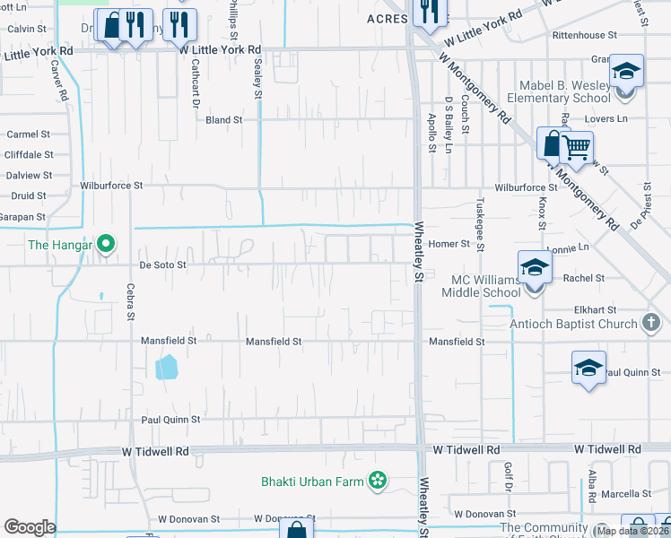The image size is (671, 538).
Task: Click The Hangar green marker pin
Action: tap(106, 243)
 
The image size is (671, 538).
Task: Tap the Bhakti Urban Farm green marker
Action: tap(378, 482)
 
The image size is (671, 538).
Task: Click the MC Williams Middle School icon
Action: tap(535, 268)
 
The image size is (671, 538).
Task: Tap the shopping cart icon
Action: tap(576, 148)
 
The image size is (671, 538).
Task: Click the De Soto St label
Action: tap(162, 265)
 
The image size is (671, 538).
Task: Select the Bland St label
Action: tap(223, 119)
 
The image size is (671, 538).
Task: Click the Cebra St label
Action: tap(131, 302)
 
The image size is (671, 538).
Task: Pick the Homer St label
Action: tap(449, 244)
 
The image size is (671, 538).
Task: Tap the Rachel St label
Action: tap(583, 278)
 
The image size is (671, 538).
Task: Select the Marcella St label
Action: tap(627, 494)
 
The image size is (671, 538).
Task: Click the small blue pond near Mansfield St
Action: tap(166, 367)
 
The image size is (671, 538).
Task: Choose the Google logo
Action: tap(29, 527)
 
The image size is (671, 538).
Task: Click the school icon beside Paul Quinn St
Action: tap(588, 369)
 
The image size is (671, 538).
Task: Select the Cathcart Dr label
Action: tap(194, 90)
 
